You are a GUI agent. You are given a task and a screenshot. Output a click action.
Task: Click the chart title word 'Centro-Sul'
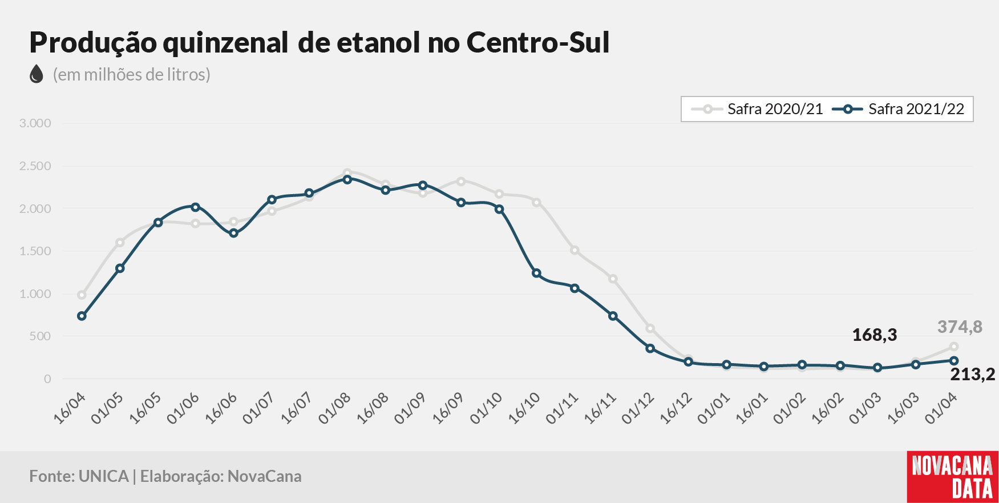click(x=538, y=42)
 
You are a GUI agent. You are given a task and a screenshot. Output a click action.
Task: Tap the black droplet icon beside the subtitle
click(x=37, y=74)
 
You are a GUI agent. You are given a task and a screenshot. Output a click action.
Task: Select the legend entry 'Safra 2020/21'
click(x=757, y=109)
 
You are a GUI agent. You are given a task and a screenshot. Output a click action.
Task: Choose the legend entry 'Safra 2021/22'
click(x=899, y=109)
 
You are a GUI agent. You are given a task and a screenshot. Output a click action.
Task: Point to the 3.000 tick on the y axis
click(x=35, y=123)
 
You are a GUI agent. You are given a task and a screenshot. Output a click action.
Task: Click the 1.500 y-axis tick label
click(x=35, y=251)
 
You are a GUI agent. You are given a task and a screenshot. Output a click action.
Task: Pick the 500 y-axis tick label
click(x=40, y=336)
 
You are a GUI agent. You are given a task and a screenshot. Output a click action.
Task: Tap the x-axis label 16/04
click(x=70, y=408)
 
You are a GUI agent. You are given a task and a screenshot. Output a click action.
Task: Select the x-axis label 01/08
click(x=335, y=408)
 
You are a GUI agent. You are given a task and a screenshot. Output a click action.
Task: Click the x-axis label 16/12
click(x=676, y=408)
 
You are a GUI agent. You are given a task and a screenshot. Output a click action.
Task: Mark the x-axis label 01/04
click(x=941, y=408)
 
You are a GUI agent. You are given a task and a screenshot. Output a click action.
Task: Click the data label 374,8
click(x=960, y=327)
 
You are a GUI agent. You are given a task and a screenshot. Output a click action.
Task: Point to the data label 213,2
click(x=973, y=374)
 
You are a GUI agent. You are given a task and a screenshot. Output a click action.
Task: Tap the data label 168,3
click(x=875, y=335)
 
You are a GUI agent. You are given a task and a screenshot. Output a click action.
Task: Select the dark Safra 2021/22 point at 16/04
click(x=82, y=316)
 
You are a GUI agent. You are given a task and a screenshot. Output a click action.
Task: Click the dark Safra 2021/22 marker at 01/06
click(x=195, y=207)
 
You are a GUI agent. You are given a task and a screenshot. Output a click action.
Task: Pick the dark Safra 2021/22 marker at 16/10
click(x=536, y=273)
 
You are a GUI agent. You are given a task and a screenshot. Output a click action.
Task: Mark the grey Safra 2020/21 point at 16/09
click(x=461, y=182)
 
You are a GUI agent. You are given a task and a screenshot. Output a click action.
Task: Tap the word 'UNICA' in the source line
click(x=104, y=476)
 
